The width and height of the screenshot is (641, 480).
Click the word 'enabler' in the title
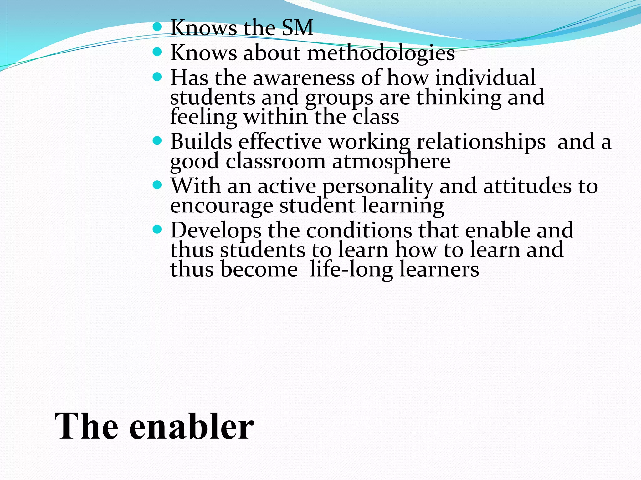tap(191, 427)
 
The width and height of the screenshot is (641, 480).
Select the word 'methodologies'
tap(381, 53)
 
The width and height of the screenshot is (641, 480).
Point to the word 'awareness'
tap(304, 78)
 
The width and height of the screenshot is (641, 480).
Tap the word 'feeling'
tap(203, 117)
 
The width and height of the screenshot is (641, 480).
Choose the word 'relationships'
tap(481, 142)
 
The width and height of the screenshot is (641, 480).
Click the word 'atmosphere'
tap(391, 162)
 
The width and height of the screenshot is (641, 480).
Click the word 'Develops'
tap(216, 231)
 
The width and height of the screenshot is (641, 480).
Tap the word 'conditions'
tap(359, 230)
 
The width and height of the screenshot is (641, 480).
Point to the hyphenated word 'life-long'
tap(351, 269)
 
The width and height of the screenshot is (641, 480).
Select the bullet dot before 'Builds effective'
tap(157, 141)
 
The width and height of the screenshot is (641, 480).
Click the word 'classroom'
tap(275, 162)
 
